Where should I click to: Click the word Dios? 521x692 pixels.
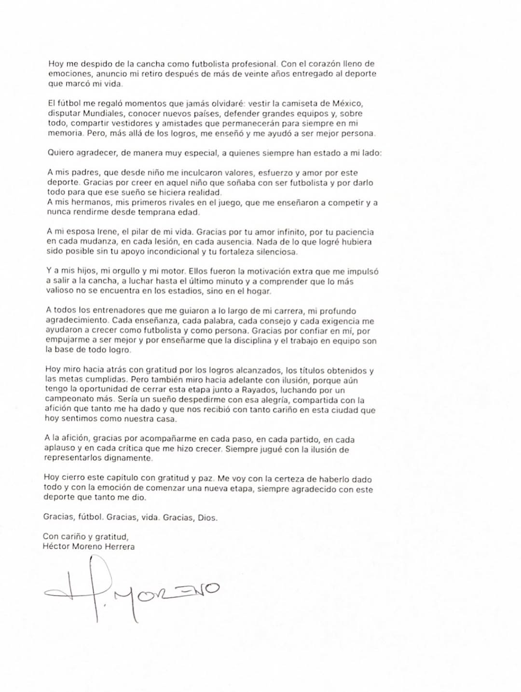(207, 517)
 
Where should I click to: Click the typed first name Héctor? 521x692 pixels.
(55, 546)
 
